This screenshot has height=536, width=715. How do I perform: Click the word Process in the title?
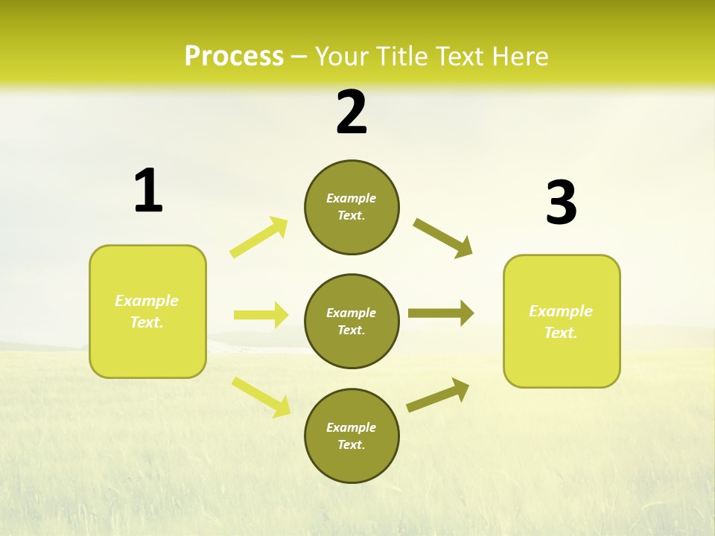pos(234,57)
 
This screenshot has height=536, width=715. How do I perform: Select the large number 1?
pos(147,191)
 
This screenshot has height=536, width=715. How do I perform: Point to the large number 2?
pos(352,112)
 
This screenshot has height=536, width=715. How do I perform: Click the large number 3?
pos(561,203)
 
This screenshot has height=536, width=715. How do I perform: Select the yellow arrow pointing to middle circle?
pos(261,315)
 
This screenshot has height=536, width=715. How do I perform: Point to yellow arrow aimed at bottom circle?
pos(261,396)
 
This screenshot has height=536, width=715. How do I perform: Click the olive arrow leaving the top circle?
pos(442,237)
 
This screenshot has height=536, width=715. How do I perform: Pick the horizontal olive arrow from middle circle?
pos(441,313)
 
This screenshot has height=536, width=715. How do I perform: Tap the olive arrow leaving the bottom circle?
pos(438,395)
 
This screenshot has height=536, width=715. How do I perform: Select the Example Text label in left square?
pos(147,311)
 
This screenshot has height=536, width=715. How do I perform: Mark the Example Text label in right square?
pos(561,322)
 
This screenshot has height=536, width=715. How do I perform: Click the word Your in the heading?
pos(342,57)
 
